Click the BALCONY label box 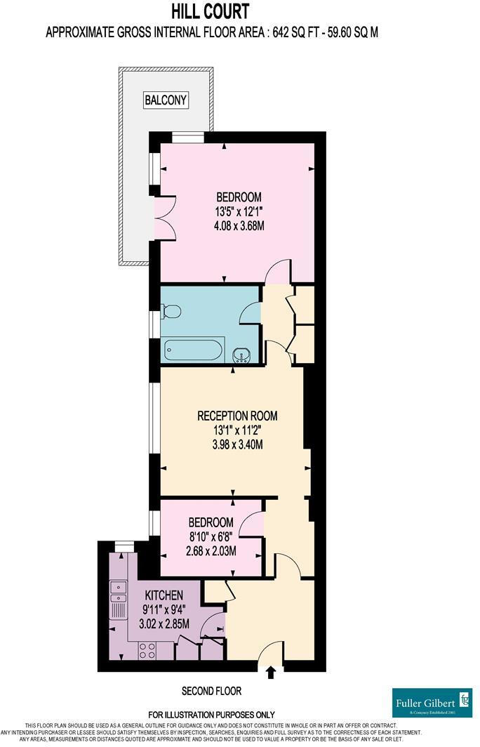pos(166,100)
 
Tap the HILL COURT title pos(211,12)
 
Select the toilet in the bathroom pos(171,311)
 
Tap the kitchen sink pos(116,594)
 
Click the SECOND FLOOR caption pos(211,691)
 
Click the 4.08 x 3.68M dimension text pos(239,225)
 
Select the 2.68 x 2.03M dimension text pos(211,551)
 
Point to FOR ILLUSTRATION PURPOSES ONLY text pos(211,715)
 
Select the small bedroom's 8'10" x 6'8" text pos(211,537)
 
